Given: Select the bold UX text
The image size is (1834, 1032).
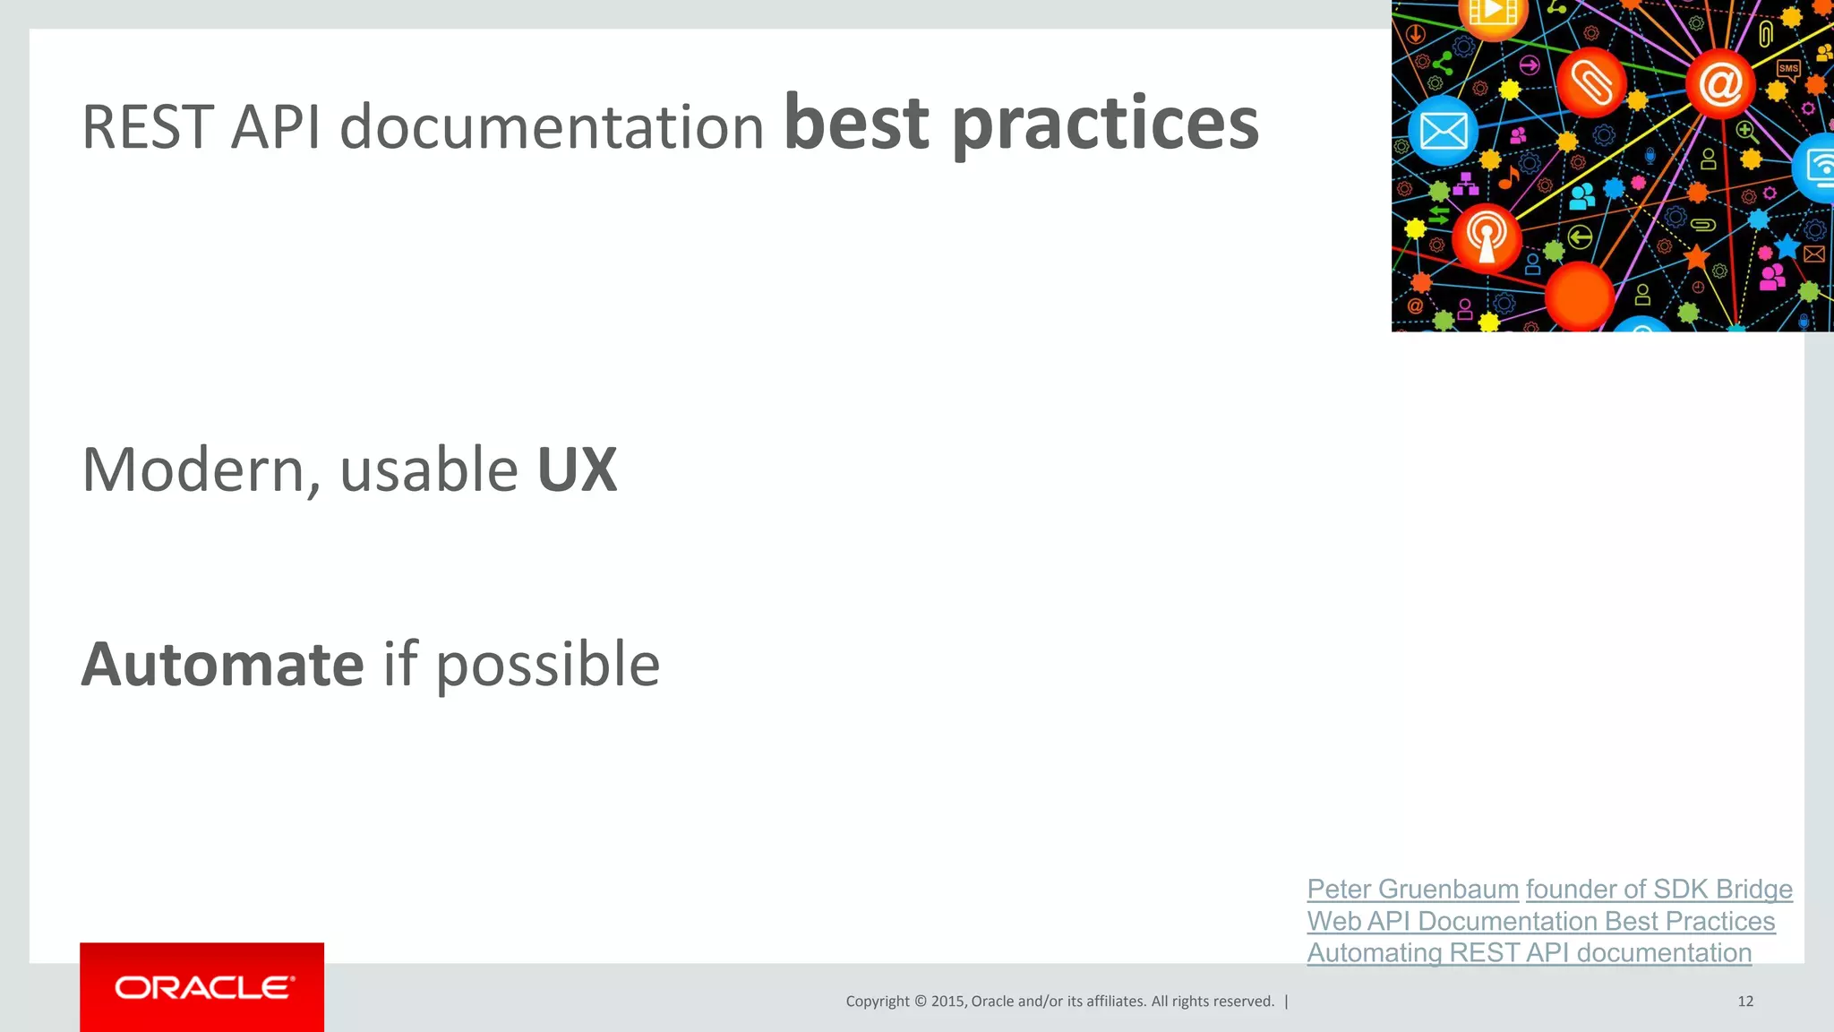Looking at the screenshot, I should [577, 469].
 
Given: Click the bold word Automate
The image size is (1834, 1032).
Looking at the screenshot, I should [222, 665].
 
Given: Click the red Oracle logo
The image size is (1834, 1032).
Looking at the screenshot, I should [202, 986].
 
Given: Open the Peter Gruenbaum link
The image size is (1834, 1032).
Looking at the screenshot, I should [1412, 889].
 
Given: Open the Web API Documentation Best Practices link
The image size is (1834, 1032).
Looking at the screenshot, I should [1540, 921].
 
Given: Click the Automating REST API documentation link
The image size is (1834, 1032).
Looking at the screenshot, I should [1529, 952].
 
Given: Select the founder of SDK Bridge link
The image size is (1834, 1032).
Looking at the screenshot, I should [1658, 889].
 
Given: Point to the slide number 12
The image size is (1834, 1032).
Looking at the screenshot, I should [1745, 1001].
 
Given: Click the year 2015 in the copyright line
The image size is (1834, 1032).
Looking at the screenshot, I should [947, 1001].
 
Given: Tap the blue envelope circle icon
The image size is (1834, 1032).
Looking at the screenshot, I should [1443, 132].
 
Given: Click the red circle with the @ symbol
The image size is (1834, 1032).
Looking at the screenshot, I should [1719, 84].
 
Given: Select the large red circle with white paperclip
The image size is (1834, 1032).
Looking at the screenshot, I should [1591, 82].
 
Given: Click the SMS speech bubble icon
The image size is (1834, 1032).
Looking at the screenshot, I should [1788, 69].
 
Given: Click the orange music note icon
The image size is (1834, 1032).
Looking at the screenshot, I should [1509, 176].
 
